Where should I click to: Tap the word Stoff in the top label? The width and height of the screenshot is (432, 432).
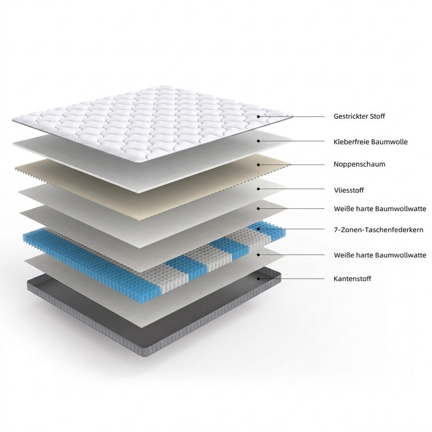click(x=378, y=116)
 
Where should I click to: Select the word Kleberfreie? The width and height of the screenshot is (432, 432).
click(x=351, y=142)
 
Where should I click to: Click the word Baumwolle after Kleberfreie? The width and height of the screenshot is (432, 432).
click(x=389, y=142)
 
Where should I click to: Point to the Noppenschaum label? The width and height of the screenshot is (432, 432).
click(x=359, y=164)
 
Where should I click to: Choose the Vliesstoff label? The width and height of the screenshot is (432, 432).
click(x=349, y=190)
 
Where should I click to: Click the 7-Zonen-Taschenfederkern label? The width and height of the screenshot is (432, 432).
click(x=379, y=230)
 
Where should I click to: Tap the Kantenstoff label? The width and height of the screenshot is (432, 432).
click(x=352, y=279)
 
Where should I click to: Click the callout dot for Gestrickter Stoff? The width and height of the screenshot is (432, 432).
click(x=258, y=117)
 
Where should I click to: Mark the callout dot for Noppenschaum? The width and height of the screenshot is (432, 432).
click(x=258, y=165)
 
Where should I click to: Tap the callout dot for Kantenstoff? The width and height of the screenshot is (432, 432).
click(x=258, y=279)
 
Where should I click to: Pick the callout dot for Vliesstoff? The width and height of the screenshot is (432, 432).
click(x=258, y=189)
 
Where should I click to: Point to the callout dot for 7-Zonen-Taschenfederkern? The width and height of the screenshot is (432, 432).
click(x=258, y=229)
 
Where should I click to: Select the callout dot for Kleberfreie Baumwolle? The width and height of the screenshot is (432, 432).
click(x=258, y=141)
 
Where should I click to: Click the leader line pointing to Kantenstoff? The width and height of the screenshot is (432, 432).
click(x=292, y=279)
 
